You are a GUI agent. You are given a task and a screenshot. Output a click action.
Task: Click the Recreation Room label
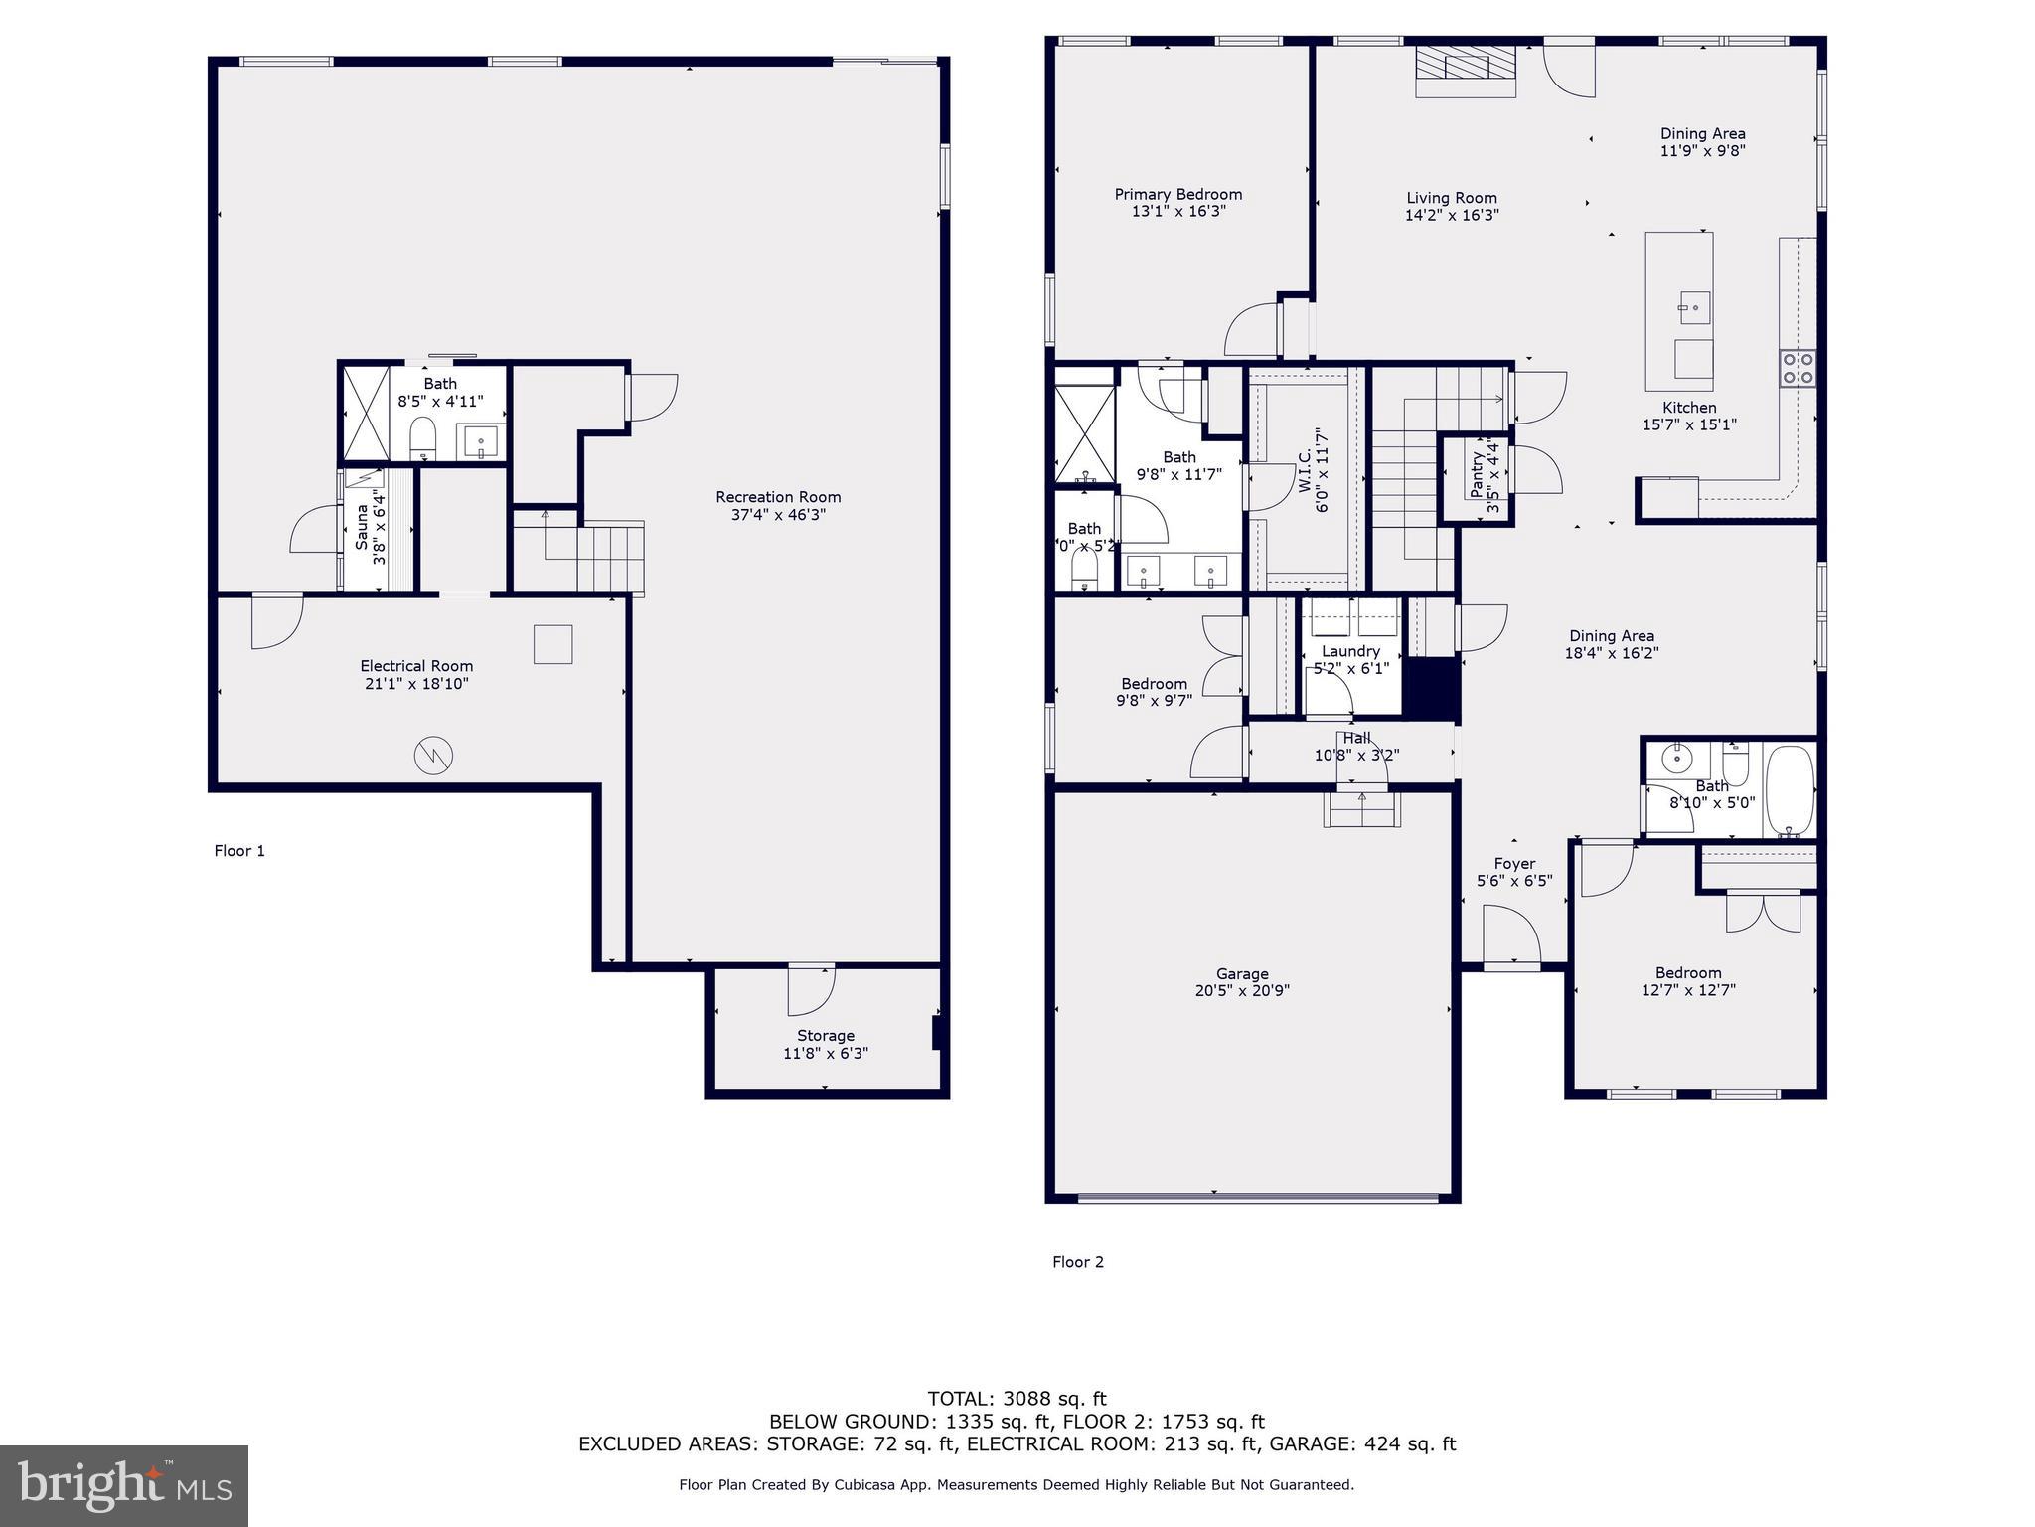[778, 497]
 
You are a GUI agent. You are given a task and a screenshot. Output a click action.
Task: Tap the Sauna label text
[362, 527]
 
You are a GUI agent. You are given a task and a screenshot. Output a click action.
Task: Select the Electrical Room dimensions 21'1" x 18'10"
[416, 684]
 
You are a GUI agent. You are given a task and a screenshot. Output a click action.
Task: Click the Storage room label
[825, 1036]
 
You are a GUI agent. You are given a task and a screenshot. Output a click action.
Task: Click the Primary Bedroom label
[1177, 194]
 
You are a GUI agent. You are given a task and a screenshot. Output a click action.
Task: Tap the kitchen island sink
[1694, 307]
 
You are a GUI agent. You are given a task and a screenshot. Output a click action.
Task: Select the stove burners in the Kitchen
[1798, 367]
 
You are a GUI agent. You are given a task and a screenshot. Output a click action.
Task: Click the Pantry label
[1477, 476]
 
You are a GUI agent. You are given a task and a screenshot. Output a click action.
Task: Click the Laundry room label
[1350, 651]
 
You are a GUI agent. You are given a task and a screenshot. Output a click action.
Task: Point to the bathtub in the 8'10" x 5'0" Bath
[1790, 790]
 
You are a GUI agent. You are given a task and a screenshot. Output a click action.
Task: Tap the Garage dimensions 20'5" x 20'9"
[1242, 990]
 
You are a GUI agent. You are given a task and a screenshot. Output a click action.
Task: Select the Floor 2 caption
[1078, 1262]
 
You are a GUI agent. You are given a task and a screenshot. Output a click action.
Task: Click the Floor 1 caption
[239, 851]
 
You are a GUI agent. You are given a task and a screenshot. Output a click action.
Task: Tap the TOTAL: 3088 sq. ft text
[1017, 1399]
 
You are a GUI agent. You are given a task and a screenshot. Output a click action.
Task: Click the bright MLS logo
[124, 1486]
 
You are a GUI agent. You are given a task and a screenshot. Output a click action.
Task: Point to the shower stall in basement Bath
[366, 413]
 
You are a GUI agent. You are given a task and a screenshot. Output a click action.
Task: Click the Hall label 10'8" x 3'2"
[1356, 746]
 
